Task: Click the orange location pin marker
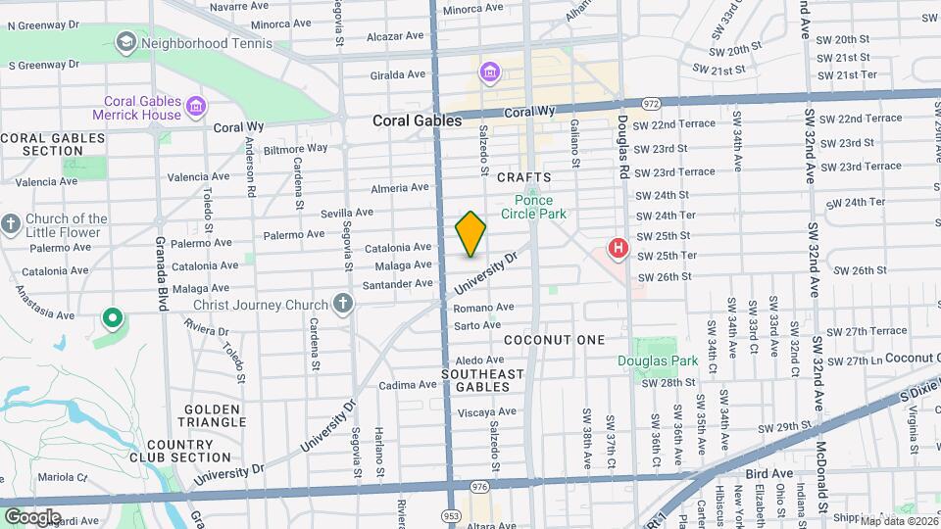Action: (471, 234)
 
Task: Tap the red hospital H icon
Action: (618, 248)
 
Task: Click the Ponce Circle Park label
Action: (533, 207)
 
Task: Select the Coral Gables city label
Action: (417, 120)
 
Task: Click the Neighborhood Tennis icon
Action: (125, 42)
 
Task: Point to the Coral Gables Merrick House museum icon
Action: (195, 106)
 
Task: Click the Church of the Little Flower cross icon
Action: (10, 224)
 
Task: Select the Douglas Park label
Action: (657, 361)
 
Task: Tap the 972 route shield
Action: (651, 103)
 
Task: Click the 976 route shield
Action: (479, 486)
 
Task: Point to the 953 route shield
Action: (451, 514)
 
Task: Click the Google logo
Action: (32, 517)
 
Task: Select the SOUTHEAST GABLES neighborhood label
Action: (483, 381)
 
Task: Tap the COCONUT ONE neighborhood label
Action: (555, 339)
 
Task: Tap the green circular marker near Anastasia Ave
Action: (113, 317)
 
